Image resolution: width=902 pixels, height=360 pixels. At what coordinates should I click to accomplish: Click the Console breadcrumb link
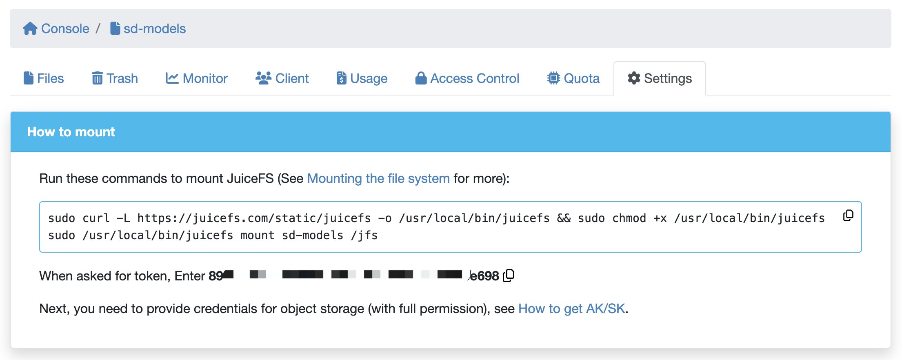[x=65, y=29]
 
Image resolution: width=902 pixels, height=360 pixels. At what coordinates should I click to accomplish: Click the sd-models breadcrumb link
[x=154, y=29]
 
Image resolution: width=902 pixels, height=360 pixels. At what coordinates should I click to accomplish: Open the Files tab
[x=44, y=78]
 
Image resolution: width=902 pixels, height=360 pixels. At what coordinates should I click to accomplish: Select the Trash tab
[x=115, y=78]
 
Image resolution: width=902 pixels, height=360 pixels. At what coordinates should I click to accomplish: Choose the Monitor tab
[x=197, y=78]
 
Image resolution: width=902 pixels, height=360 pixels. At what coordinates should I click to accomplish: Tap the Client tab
[x=282, y=78]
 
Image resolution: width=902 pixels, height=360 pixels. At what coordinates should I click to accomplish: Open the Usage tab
[x=362, y=78]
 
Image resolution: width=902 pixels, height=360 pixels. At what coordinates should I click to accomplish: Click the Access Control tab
[x=467, y=78]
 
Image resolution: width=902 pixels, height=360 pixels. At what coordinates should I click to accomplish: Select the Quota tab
[x=573, y=78]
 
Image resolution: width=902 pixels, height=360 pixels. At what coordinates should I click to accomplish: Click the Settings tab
[x=660, y=78]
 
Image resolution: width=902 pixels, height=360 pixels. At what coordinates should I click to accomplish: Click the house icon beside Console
[x=30, y=29]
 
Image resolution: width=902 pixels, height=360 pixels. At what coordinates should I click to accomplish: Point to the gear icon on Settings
[x=634, y=78]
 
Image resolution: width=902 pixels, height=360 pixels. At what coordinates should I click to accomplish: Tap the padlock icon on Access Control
[x=421, y=78]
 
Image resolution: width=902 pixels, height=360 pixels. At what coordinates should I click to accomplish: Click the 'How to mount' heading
[x=71, y=132]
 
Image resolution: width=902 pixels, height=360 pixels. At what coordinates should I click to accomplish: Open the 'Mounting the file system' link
[x=378, y=178]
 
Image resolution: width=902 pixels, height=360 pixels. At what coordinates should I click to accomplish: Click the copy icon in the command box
[x=848, y=215]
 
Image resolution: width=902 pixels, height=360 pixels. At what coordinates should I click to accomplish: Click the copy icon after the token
[x=509, y=276]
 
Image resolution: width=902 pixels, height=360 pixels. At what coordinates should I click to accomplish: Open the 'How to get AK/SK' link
[x=571, y=309]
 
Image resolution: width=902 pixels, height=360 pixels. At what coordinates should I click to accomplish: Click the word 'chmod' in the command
[x=629, y=218]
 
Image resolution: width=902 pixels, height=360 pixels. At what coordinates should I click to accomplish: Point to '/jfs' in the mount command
[x=364, y=236]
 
